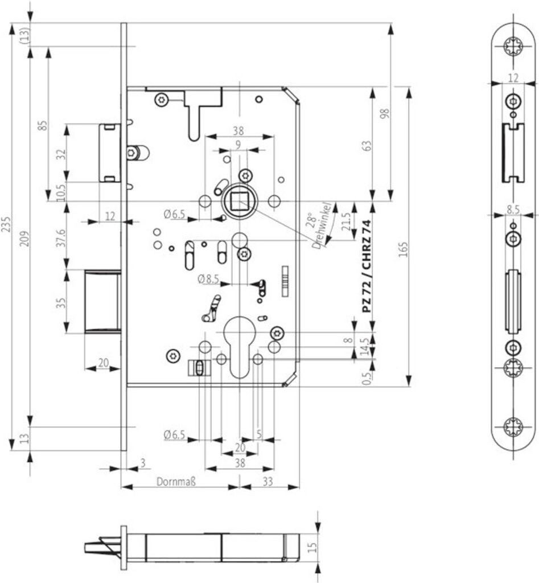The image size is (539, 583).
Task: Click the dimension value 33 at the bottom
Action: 268,482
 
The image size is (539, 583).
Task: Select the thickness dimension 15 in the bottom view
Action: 311,547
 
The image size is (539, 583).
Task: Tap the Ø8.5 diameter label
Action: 208,278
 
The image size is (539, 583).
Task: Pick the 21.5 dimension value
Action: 345,221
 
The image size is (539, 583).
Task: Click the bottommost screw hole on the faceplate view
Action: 514,426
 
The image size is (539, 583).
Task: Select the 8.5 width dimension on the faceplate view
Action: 513,210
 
